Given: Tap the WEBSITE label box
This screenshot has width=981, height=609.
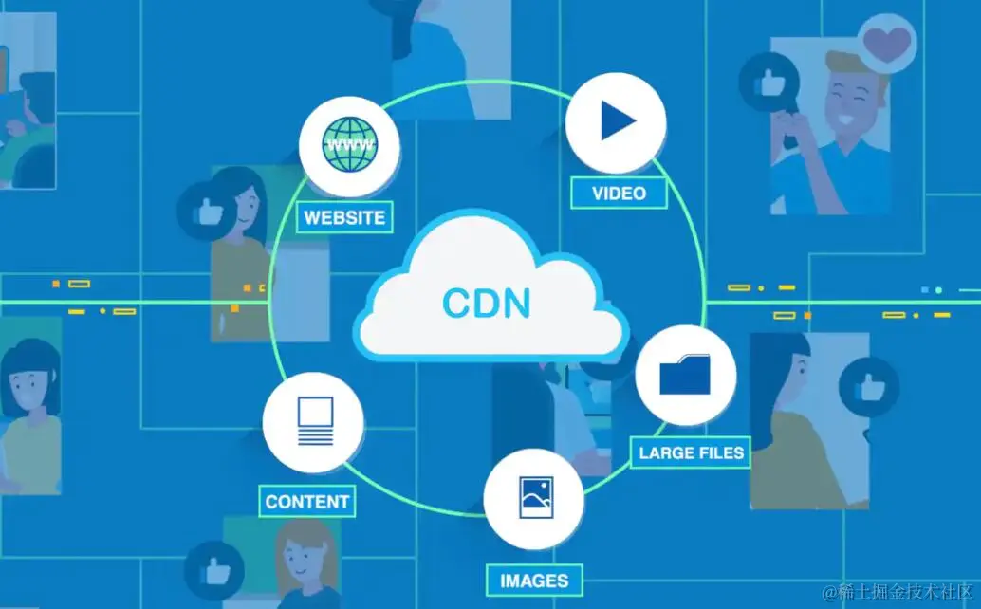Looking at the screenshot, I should tap(344, 217).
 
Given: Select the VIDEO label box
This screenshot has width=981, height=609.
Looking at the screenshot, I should tap(619, 194).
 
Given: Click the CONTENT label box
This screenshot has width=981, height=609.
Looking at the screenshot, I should tap(307, 502).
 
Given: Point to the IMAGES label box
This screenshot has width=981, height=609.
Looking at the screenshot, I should tap(534, 580).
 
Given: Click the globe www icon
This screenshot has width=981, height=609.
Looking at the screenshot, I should tap(349, 146).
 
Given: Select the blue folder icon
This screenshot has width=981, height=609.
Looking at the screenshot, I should tap(685, 375).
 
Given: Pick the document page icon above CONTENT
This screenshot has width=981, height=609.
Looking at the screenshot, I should tap(314, 420).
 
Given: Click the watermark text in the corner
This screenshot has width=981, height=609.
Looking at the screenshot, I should tap(898, 592).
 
